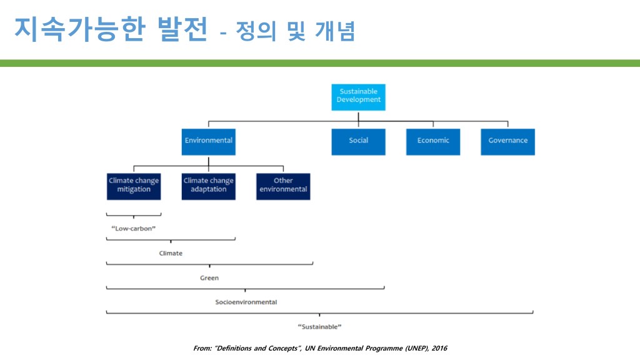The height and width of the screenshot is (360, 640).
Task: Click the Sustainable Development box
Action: pos(358,97)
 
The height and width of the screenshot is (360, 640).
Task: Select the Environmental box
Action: pos(208,141)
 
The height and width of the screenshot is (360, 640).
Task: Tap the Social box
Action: pos(358,141)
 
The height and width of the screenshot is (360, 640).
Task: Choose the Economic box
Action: pos(433,141)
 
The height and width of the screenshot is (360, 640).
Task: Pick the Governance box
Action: pos(507,141)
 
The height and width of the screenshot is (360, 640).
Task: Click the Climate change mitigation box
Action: pos(134,186)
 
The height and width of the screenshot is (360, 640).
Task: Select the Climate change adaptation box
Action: pos(208,186)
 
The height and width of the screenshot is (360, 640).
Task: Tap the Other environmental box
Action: pos(283,186)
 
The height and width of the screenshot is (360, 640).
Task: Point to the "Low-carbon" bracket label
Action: pos(133,229)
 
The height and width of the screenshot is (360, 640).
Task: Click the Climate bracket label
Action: pos(171,253)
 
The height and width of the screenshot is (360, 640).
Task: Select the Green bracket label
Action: pos(209,277)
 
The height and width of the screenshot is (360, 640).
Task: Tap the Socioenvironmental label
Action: pos(246,302)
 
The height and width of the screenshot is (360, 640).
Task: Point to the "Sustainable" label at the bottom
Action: pos(319,326)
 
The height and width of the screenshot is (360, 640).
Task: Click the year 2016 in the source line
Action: pos(439,348)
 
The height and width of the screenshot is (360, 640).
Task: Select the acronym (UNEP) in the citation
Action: pos(414,348)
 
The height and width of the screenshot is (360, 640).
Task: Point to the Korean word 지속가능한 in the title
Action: pos(79,29)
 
